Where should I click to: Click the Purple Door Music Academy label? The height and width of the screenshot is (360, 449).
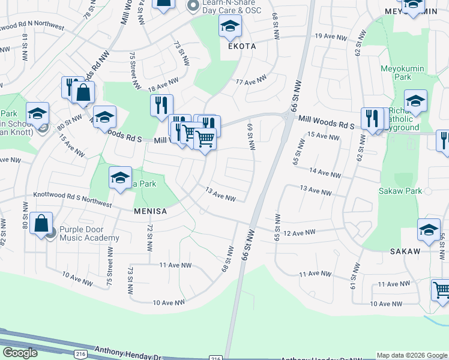point(89,234)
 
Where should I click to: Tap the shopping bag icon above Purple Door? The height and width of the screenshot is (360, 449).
point(41,224)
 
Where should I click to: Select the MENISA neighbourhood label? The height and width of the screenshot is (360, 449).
point(150,211)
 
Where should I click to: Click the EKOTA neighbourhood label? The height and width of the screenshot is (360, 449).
point(241,46)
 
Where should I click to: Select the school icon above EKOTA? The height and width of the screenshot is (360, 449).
point(230,27)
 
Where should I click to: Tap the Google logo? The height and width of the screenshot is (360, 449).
point(20,352)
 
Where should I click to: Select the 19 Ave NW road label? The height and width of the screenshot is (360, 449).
point(331,37)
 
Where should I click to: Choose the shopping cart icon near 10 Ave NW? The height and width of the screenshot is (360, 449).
point(441,290)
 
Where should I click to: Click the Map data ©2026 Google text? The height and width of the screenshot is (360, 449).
point(412,355)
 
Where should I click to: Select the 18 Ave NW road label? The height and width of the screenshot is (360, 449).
point(163,83)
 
